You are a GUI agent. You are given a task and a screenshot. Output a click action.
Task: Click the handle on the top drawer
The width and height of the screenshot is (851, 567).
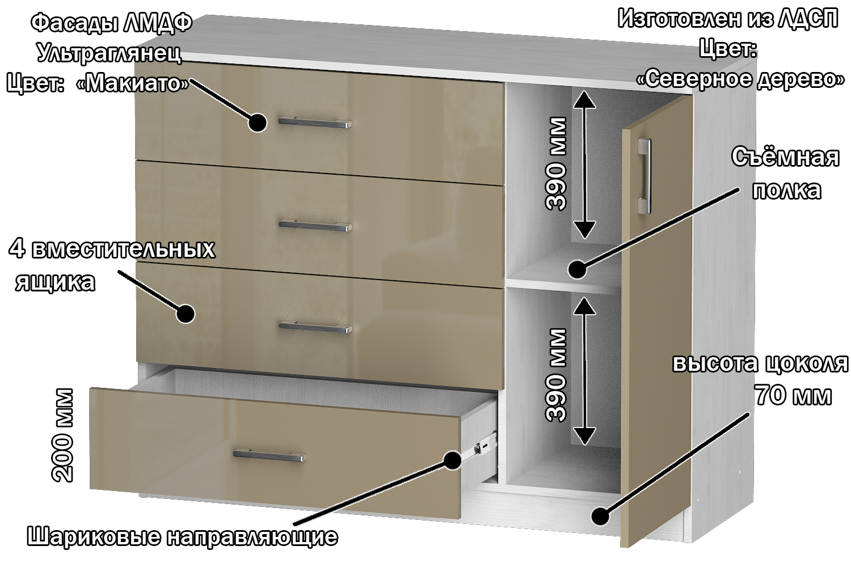tap(315, 123)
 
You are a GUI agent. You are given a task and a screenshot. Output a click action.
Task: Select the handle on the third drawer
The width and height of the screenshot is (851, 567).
tap(315, 327)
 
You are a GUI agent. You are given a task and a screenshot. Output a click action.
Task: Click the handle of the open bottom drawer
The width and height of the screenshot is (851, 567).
tap(269, 455)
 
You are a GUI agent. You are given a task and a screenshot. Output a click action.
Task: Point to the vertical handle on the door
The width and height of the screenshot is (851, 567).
tap(644, 176)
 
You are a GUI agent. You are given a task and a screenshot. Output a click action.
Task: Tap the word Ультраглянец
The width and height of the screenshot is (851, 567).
tap(109, 54)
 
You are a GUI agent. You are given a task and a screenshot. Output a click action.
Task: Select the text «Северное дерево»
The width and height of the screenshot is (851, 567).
tap(740, 79)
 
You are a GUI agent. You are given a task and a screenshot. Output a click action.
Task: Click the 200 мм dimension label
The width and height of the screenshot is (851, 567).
tap(62, 435)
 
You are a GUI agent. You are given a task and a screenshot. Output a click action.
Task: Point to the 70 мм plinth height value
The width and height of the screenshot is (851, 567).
tap(793, 395)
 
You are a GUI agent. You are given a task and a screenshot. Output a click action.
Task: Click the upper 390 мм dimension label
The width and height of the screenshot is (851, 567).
tap(556, 164)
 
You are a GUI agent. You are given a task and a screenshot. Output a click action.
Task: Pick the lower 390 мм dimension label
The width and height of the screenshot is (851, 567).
tap(556, 375)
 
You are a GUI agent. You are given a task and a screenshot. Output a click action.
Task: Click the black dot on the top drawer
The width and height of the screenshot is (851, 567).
tap(258, 122)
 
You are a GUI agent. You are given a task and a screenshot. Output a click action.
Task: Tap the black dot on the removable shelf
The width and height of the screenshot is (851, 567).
tap(578, 269)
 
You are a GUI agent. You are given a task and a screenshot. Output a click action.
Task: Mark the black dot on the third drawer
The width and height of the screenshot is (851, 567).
tap(186, 314)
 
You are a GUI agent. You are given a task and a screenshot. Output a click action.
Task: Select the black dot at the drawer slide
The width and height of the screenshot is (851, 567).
tap(452, 460)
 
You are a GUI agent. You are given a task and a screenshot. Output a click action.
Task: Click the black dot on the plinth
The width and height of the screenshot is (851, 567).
tap(601, 517)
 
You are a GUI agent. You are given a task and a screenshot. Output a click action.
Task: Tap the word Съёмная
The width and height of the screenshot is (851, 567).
tap(785, 157)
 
